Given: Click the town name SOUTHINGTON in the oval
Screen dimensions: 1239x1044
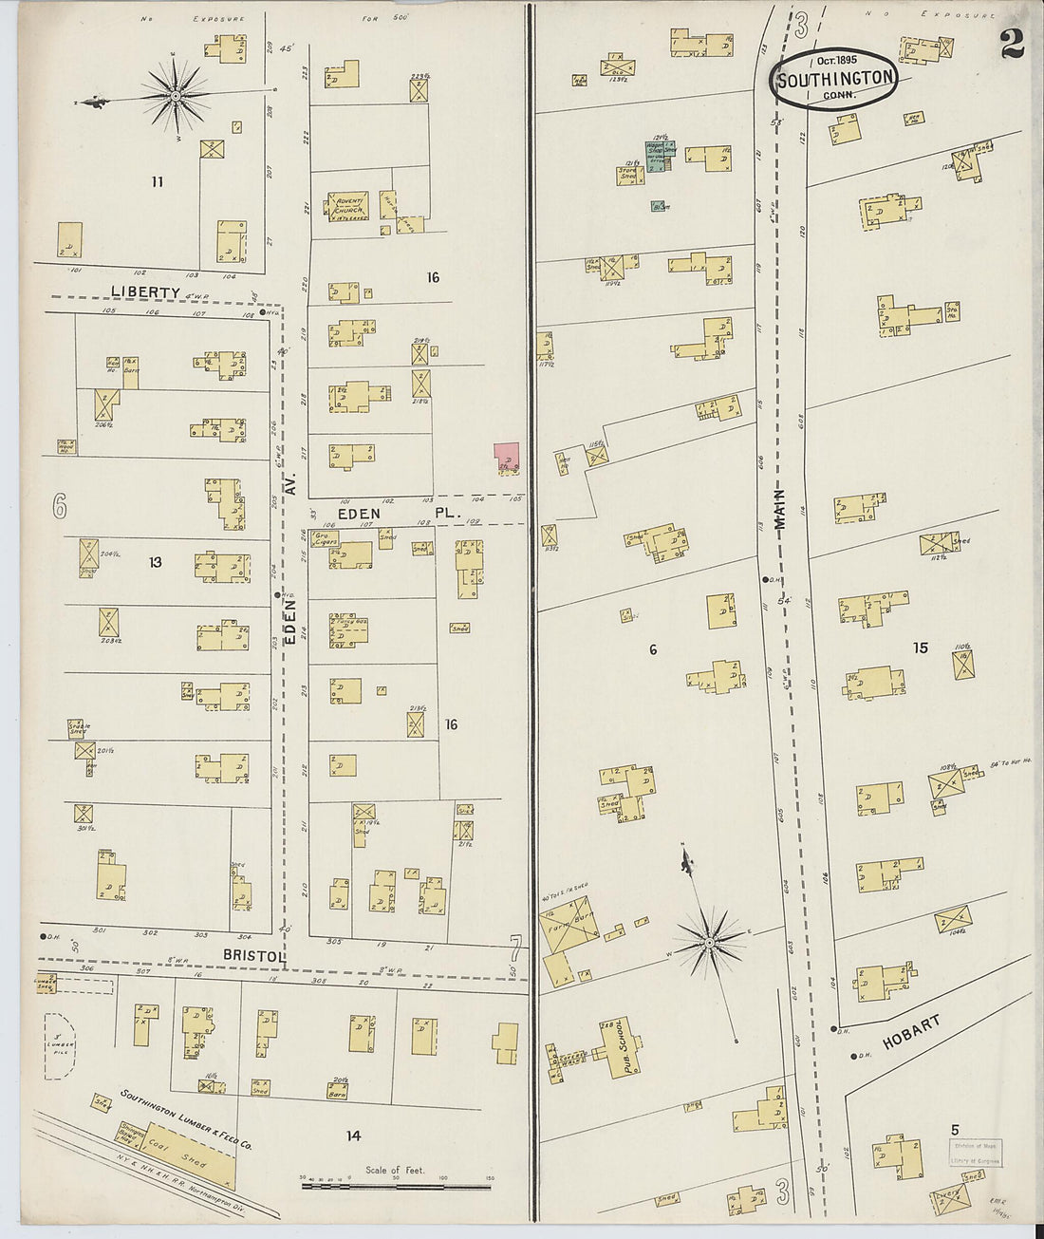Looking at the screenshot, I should (x=834, y=79).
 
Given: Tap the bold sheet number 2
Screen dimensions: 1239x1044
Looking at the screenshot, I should (x=1012, y=44).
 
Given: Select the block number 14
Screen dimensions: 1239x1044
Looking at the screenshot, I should (x=353, y=1135).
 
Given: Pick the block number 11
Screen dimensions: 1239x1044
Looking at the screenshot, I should (x=157, y=181).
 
